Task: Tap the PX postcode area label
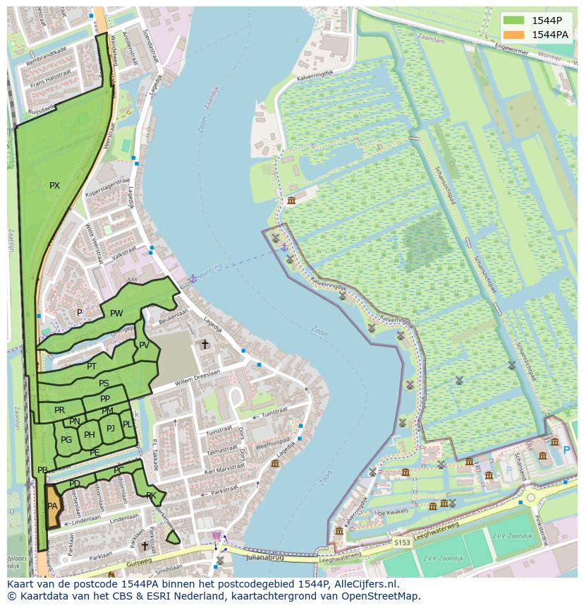tap(54, 186)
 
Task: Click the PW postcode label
tap(116, 314)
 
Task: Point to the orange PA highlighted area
tap(53, 506)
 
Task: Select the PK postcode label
tap(151, 495)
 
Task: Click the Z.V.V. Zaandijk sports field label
tap(511, 536)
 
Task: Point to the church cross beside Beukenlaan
tap(205, 345)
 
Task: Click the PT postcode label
tap(92, 366)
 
